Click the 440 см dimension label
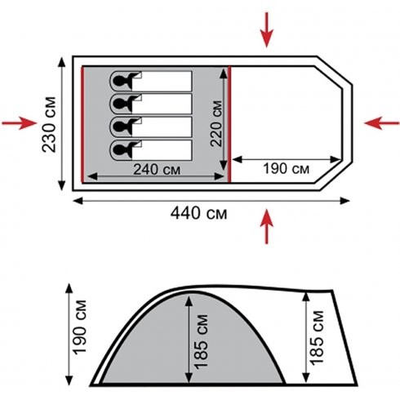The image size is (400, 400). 198,213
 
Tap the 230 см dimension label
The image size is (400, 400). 49,124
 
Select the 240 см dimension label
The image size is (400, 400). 157,170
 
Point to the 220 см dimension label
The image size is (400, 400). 216,124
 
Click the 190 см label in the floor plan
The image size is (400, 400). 287,168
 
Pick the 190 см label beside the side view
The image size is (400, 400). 80,327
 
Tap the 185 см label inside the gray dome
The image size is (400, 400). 201,342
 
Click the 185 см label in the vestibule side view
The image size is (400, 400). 317,338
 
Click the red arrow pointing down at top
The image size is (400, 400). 267,30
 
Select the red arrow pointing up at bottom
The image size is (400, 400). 267,226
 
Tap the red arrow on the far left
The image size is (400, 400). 19,123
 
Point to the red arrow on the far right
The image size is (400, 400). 382,123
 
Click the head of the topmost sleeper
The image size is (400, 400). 119,81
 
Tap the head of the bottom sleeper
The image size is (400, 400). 119,150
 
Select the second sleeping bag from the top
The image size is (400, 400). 151,104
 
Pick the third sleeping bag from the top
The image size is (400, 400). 151,127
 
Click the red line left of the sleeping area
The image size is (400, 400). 82,125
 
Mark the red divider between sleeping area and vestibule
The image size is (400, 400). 229,124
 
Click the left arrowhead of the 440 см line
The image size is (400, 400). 78,201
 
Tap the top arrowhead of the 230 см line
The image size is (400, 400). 62,62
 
